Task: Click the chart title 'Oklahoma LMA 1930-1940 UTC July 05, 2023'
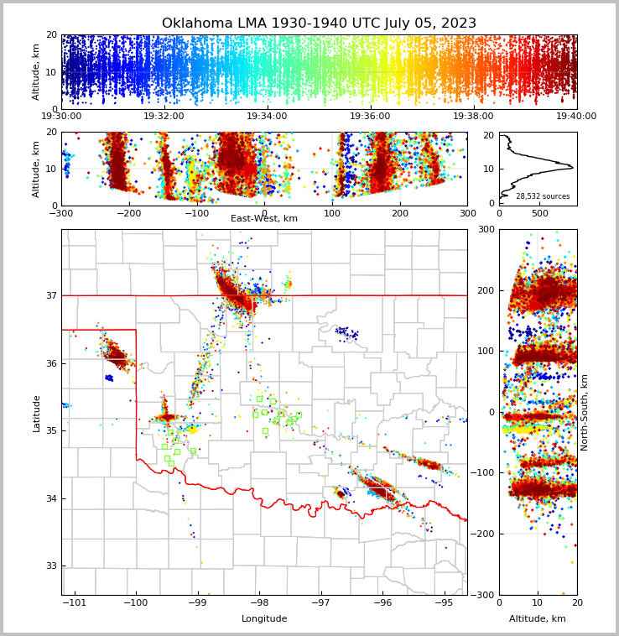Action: pos(319,23)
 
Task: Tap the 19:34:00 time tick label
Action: pos(267,117)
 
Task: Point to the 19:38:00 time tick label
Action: pos(473,117)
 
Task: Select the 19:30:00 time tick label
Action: pos(61,117)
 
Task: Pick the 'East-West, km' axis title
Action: pos(264,219)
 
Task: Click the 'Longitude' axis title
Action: pos(264,619)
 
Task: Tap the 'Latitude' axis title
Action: pos(36,413)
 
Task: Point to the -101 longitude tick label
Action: pos(75,602)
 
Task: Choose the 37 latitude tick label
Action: pos(49,295)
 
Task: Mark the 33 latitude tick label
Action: pos(49,566)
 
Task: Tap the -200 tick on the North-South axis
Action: pos(486,534)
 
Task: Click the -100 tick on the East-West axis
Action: pos(196,213)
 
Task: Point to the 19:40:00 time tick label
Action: pos(576,117)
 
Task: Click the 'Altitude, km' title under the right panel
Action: pos(538,619)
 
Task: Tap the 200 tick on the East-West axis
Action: pos(400,213)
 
